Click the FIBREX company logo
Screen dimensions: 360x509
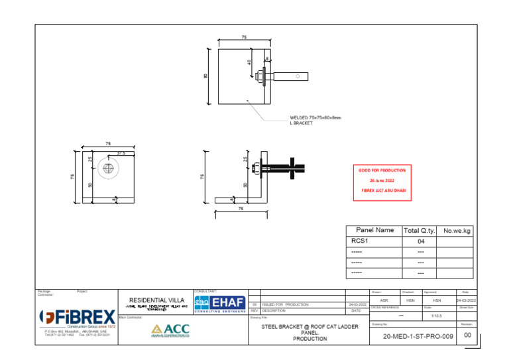tap(78, 318)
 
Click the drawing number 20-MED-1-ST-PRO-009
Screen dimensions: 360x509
tap(418, 337)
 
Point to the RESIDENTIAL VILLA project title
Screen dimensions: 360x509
tap(156, 300)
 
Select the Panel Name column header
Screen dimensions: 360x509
tap(374, 230)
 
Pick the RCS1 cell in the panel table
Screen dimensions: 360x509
tap(360, 242)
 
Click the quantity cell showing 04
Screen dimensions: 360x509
tap(420, 242)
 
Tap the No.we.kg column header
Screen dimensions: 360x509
tap(457, 230)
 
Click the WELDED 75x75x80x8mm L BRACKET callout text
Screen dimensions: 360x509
tap(315, 120)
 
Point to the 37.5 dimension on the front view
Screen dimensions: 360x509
tap(121, 154)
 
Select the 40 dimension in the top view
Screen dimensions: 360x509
tap(249, 62)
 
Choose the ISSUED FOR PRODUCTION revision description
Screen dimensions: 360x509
tap(285, 304)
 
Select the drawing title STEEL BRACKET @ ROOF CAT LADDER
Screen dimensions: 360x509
tap(310, 327)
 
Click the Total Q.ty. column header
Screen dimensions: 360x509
tap(419, 230)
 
